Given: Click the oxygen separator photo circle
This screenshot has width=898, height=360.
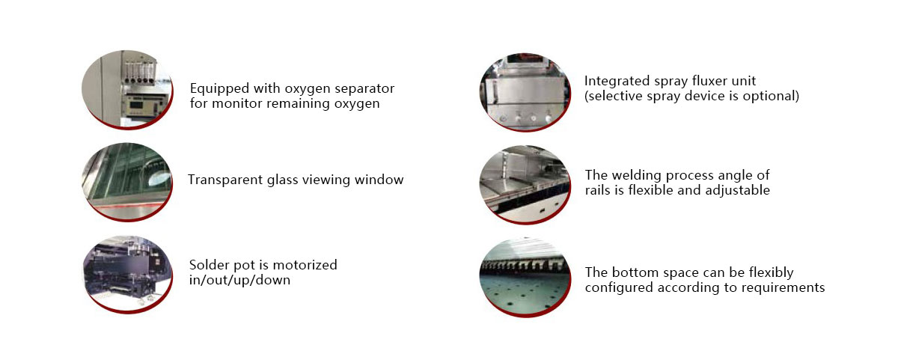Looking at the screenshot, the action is tap(127, 89).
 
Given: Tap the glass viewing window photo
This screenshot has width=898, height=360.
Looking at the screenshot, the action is tap(127, 182).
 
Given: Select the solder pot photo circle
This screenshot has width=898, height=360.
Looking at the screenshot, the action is tap(127, 274).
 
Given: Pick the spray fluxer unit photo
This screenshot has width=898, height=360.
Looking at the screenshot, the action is tap(525, 92).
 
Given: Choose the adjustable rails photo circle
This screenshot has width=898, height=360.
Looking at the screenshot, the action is tap(525, 184).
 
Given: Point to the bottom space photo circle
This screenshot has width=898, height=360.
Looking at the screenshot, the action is tap(525, 278).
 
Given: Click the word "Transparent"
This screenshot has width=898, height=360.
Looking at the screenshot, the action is tap(225, 180).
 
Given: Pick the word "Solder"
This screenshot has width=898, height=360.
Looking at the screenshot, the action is tap(210, 265).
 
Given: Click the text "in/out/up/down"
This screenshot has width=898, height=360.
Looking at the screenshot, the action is tap(239, 280).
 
